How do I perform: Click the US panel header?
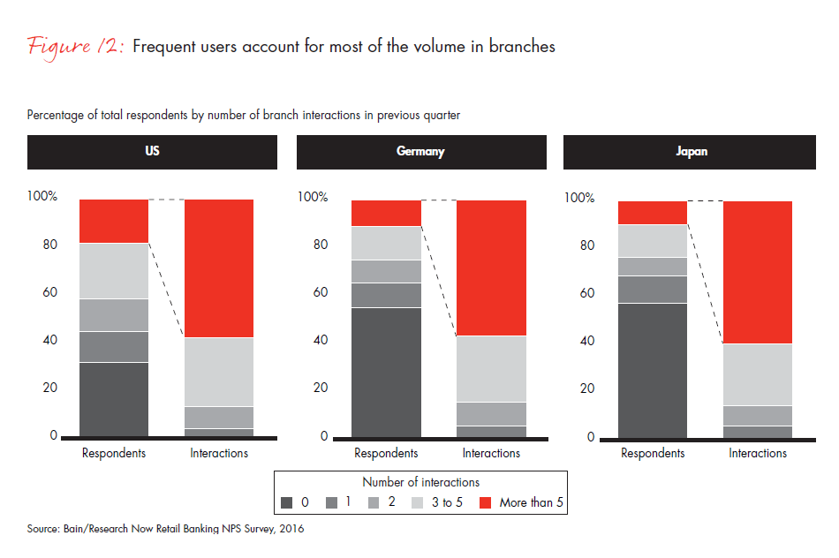click(x=152, y=151)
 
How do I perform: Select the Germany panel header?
click(x=420, y=151)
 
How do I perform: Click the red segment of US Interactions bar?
click(x=219, y=268)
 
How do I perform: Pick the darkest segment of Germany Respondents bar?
click(x=386, y=372)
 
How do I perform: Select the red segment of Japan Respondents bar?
click(x=652, y=213)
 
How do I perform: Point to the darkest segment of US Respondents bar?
click(x=114, y=399)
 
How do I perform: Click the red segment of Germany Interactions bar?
click(x=491, y=268)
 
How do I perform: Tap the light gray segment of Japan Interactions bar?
click(x=758, y=374)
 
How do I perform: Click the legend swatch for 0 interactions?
click(x=287, y=502)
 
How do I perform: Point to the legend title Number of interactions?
click(x=420, y=482)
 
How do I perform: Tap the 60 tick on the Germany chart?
click(x=320, y=292)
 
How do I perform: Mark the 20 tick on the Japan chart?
click(x=586, y=388)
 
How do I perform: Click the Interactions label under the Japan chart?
click(x=758, y=453)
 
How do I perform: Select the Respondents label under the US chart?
click(x=114, y=453)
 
